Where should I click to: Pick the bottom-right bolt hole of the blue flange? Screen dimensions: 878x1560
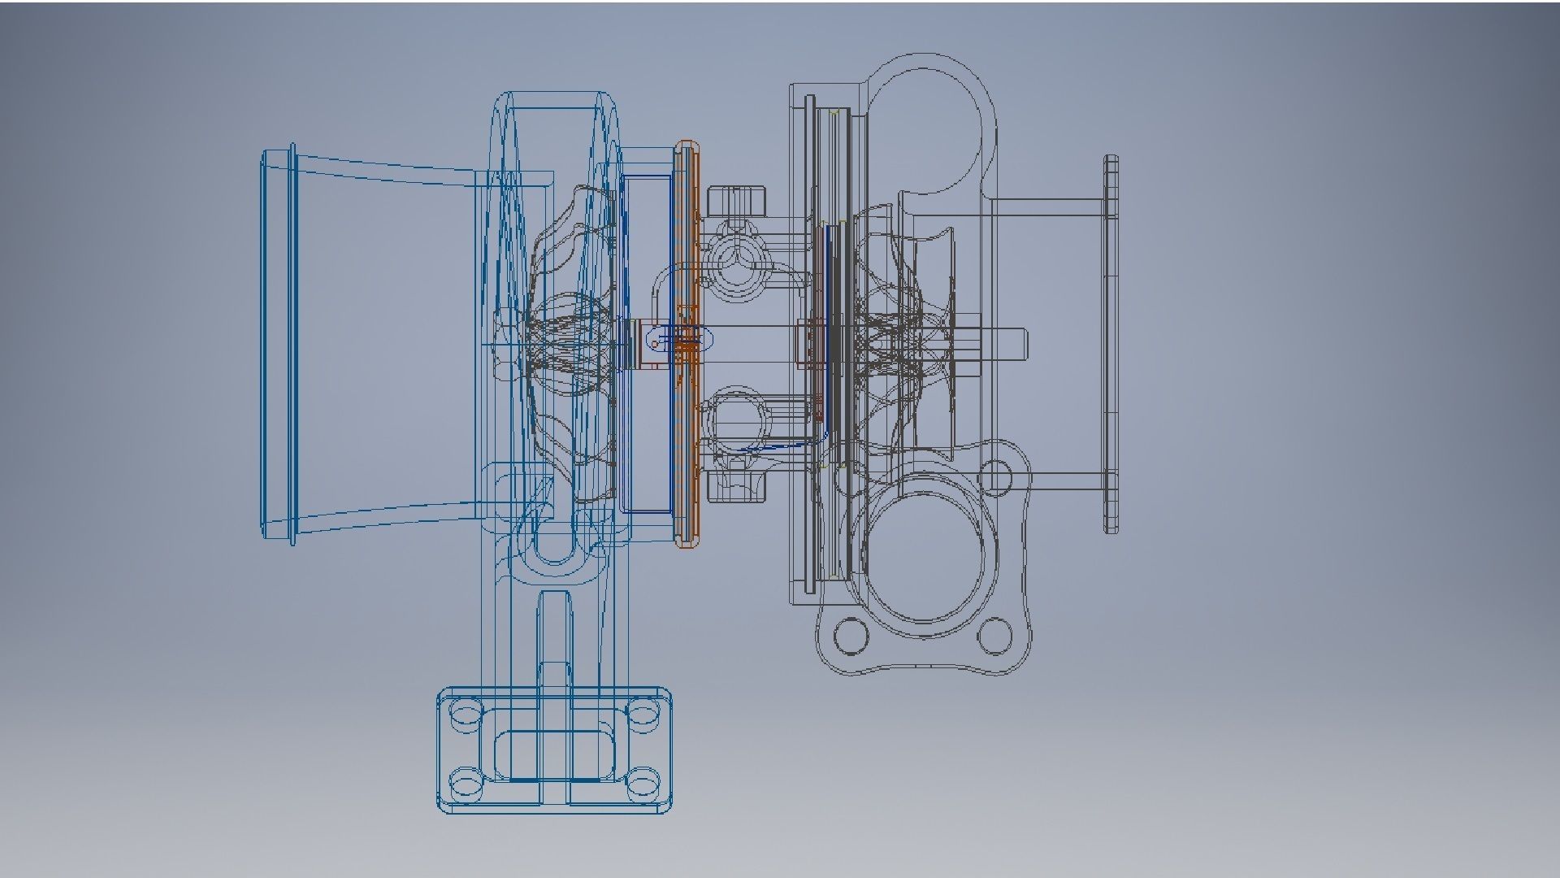[x=643, y=785]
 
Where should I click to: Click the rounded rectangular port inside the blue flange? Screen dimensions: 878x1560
[x=555, y=753]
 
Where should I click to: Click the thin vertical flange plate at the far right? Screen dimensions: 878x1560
[x=1111, y=344]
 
